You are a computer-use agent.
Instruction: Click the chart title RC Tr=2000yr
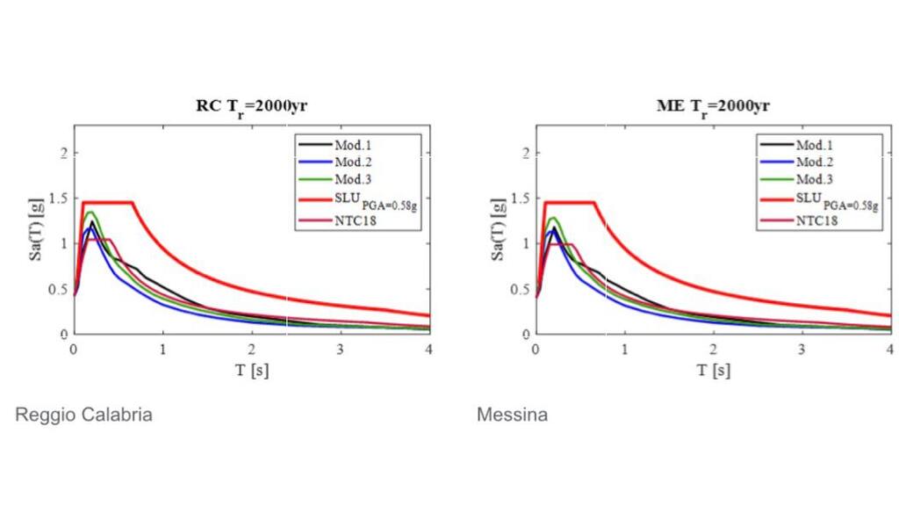pyautogui.click(x=251, y=107)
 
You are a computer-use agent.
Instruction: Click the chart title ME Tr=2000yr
pyautogui.click(x=713, y=107)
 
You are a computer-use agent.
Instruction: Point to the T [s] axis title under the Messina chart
pyautogui.click(x=713, y=370)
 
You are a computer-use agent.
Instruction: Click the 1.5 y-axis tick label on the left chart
pyautogui.click(x=57, y=199)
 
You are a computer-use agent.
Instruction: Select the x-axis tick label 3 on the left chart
pyautogui.click(x=340, y=348)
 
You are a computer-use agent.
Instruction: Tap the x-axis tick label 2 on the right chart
pyautogui.click(x=713, y=348)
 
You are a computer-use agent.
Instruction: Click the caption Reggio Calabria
pyautogui.click(x=83, y=415)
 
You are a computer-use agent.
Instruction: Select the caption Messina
pyautogui.click(x=512, y=415)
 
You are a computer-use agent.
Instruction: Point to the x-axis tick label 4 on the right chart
pyautogui.click(x=889, y=348)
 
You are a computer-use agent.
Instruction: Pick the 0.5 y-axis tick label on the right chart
pyautogui.click(x=520, y=290)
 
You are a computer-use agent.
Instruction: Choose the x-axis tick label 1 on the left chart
pyautogui.click(x=162, y=348)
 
